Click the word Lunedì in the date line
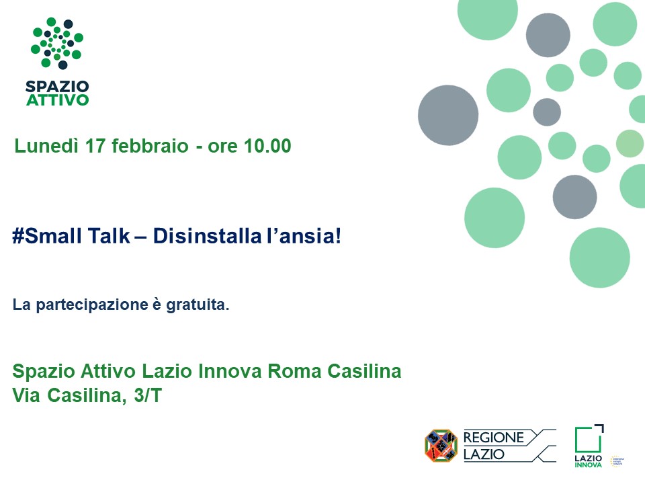tap(46, 146)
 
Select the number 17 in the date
tap(95, 146)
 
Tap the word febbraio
tap(150, 146)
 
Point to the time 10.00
tap(267, 146)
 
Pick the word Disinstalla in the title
tap(208, 236)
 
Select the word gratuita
tap(198, 305)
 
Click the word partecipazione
tap(92, 305)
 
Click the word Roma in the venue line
tap(294, 371)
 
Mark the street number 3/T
tap(148, 395)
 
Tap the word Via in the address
tap(26, 395)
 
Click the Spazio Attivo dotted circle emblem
tap(56, 43)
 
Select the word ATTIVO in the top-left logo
tap(57, 100)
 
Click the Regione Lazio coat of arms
tap(441, 445)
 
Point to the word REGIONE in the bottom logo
tap(494, 438)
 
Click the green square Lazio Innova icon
tap(589, 439)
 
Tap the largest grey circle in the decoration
tap(448, 115)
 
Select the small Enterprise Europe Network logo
tap(617, 461)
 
